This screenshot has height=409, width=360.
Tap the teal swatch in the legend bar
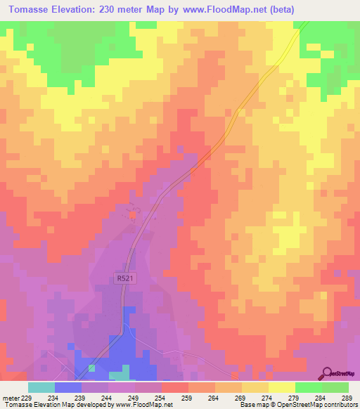[x=41, y=387]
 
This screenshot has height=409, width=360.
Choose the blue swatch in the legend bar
[x=67, y=387]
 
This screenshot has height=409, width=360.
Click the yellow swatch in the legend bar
[x=281, y=387]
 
